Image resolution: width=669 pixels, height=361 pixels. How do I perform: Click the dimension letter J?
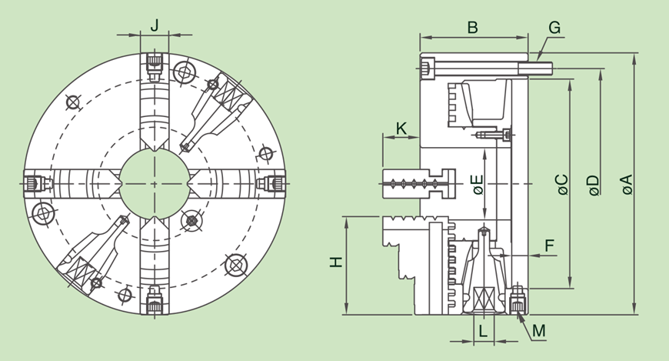click(x=155, y=25)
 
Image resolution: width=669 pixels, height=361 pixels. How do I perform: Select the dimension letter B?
click(x=473, y=27)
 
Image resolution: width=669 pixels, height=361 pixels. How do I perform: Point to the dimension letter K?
click(x=401, y=127)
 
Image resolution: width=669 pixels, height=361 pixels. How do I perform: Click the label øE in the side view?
click(x=478, y=186)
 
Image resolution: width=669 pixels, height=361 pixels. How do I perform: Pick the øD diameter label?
click(x=593, y=186)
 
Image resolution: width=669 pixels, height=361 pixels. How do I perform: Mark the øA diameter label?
click(x=626, y=186)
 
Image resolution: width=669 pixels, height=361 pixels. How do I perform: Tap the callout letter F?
click(x=549, y=245)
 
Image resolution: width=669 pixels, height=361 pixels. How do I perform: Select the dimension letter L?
click(x=482, y=332)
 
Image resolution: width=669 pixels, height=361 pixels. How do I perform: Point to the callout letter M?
click(x=538, y=331)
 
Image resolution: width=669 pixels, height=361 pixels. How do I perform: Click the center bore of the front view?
click(x=154, y=184)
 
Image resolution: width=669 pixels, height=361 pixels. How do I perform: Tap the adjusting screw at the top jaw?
click(x=155, y=61)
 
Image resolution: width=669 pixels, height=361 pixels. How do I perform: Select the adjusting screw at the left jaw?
click(x=32, y=184)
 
